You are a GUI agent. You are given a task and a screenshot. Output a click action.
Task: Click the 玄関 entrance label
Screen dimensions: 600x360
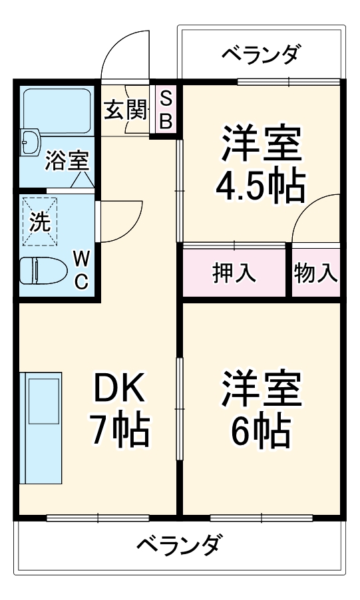[124, 110]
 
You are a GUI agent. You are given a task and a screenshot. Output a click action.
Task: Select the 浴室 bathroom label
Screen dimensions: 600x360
[67, 161]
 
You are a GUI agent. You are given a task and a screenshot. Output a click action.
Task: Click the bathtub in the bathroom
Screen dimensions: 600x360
[57, 110]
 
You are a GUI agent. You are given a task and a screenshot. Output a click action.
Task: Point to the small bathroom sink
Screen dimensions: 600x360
[30, 140]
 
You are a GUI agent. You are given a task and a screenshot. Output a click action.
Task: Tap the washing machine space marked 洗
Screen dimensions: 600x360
[40, 222]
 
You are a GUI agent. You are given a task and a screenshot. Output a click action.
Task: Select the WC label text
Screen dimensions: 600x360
[80, 269]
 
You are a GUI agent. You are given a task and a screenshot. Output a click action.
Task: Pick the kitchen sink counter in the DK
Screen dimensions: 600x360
[41, 428]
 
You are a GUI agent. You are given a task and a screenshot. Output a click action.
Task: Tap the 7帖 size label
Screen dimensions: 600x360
[120, 430]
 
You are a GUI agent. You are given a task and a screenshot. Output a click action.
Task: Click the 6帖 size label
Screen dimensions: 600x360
[261, 430]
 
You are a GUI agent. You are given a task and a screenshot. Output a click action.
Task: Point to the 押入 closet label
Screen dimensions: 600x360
[234, 273]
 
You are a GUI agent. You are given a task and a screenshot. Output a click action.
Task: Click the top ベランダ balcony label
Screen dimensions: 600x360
[261, 53]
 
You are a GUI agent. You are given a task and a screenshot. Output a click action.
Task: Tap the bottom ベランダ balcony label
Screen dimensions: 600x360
[179, 547]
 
